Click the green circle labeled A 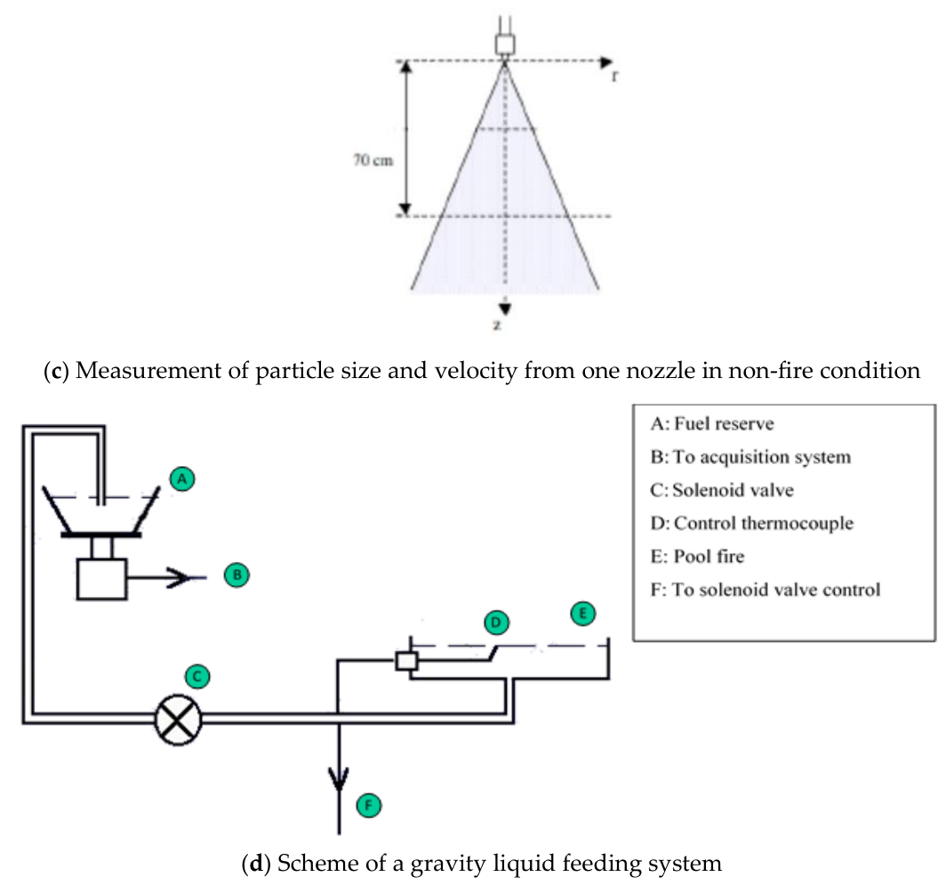coord(182,479)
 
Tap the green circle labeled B coord(236,575)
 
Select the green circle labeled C coord(197,676)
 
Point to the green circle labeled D coord(496,623)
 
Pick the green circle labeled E coord(583,614)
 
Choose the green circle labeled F coord(369,805)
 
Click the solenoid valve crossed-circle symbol coord(178,720)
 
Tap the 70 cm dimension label coord(373,160)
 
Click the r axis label coord(614,76)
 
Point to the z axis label coord(497,325)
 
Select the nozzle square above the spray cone coord(505,44)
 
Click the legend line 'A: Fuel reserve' coord(712,423)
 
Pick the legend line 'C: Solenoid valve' coord(722,490)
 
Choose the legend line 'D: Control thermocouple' coord(752,523)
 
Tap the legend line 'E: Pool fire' coord(697,557)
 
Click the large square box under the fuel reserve coord(102,579)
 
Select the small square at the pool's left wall coord(406,661)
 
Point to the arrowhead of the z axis coord(505,309)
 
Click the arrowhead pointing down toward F coord(339,779)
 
